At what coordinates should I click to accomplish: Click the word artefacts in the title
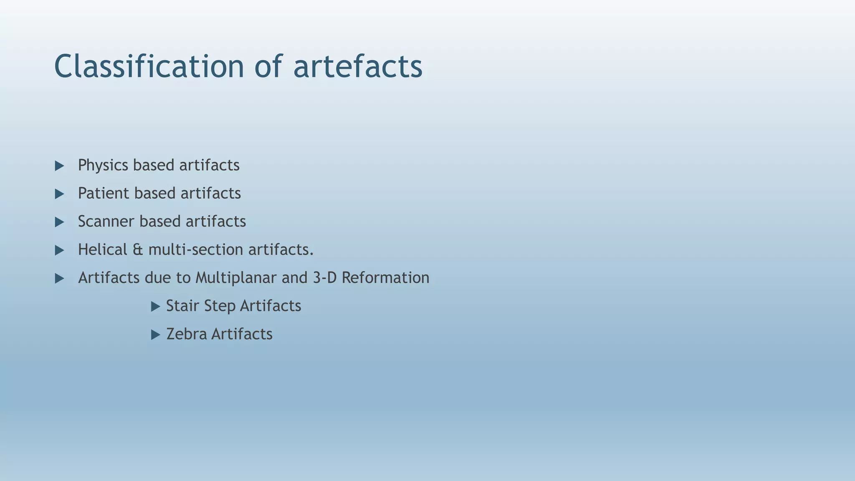pos(358,67)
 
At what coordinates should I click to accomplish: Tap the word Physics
pos(103,165)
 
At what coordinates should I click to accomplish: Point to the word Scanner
pos(106,221)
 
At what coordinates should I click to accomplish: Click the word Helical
pos(102,250)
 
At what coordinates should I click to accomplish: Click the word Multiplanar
pos(236,278)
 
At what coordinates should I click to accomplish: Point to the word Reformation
pos(385,278)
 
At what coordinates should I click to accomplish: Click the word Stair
pos(182,306)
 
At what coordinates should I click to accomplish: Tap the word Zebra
pos(186,334)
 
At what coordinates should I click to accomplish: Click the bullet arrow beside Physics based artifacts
pos(59,166)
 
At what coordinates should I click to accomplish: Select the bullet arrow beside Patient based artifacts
pos(59,194)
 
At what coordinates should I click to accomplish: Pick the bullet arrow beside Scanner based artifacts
pos(59,222)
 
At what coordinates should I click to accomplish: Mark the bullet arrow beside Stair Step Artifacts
pos(155,307)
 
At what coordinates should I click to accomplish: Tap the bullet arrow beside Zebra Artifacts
pos(155,335)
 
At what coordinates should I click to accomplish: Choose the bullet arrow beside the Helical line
pos(59,250)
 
